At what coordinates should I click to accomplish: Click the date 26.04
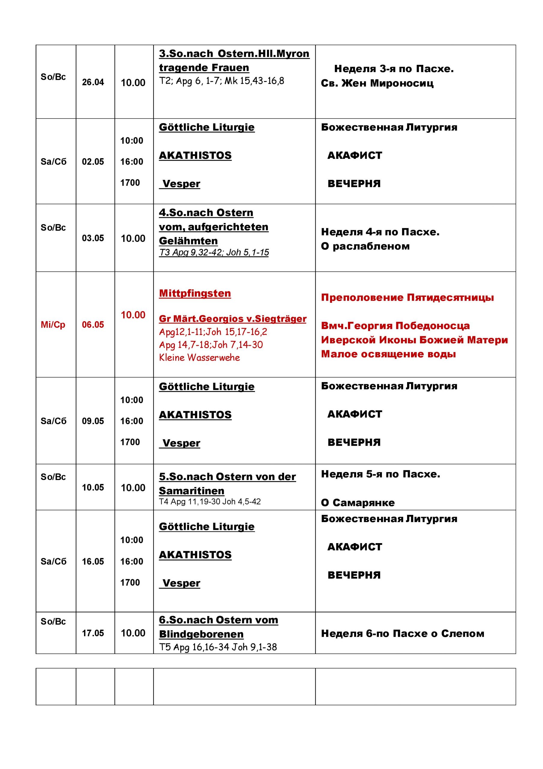click(93, 82)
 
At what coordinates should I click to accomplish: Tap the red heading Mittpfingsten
click(195, 293)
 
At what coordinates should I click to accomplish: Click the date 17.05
click(93, 633)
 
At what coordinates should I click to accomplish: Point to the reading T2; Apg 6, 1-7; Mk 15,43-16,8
click(221, 81)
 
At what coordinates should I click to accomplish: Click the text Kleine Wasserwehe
click(199, 358)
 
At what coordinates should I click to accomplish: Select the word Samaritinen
click(191, 491)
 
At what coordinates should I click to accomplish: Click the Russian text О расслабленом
click(365, 246)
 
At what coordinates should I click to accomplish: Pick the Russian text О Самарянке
click(358, 503)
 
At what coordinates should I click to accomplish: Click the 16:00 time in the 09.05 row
click(131, 421)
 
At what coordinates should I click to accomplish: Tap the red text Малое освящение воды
click(388, 354)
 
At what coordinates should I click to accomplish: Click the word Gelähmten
click(188, 241)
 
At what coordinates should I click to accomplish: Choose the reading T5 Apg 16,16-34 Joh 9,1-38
click(218, 647)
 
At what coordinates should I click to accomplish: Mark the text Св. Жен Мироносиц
click(377, 83)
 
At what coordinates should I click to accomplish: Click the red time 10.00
click(133, 315)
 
